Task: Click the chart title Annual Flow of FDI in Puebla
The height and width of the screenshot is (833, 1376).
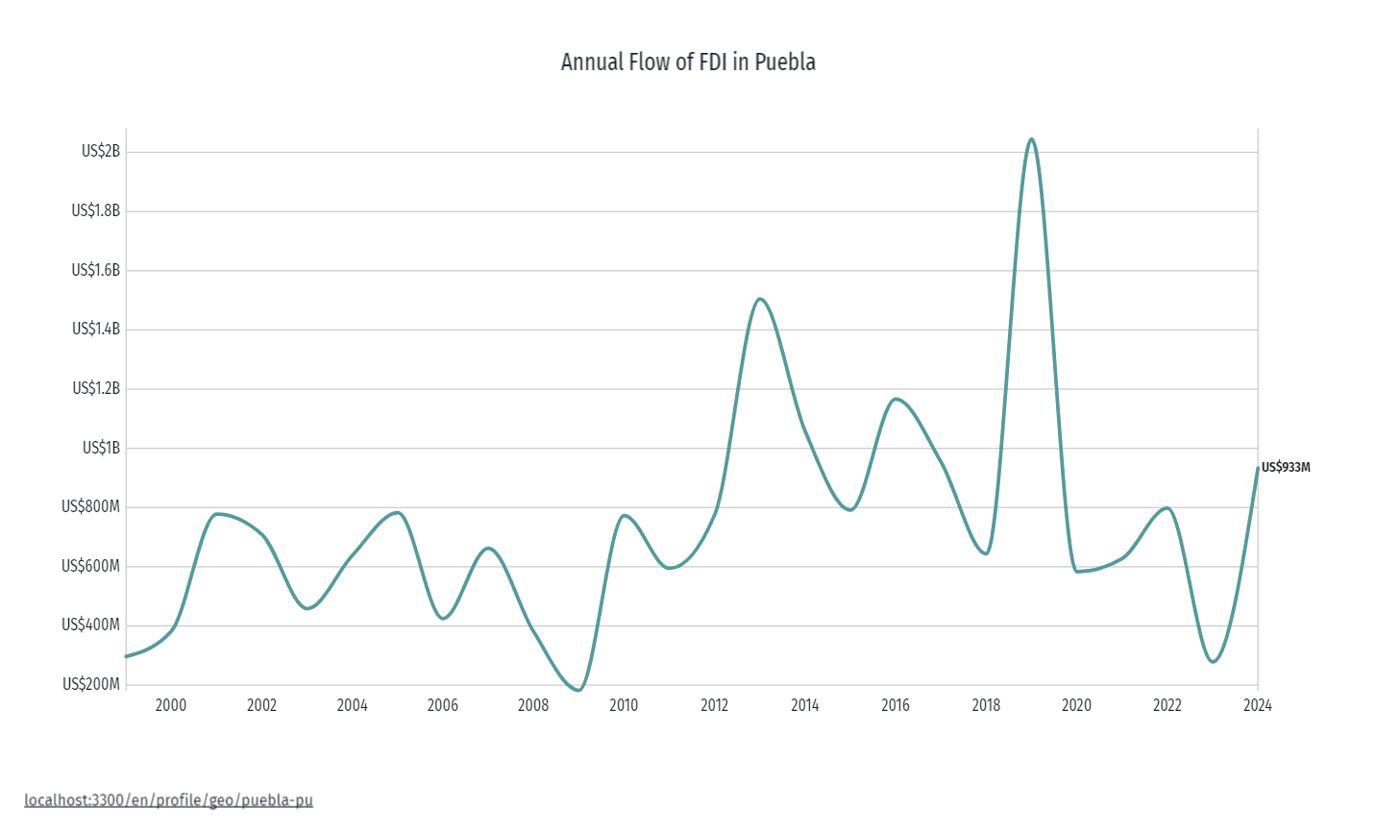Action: tap(688, 62)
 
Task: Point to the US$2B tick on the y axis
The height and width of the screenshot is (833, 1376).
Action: tap(101, 152)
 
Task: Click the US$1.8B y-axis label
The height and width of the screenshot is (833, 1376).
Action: tap(96, 210)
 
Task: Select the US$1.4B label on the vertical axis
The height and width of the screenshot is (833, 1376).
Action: tap(96, 329)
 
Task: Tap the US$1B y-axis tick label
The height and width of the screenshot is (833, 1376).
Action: tap(101, 448)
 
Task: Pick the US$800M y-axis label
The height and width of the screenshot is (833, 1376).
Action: tap(91, 506)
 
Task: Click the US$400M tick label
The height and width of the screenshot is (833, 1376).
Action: tap(91, 625)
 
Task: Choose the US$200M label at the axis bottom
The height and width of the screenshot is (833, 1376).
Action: tap(91, 684)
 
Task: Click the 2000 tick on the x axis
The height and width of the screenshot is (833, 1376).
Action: tap(170, 706)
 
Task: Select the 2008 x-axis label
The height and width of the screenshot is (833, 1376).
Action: tap(533, 706)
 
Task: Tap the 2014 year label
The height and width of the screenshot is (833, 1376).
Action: tap(804, 706)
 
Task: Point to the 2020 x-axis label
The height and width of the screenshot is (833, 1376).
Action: tap(1076, 706)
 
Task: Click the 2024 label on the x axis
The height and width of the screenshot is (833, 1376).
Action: tap(1257, 706)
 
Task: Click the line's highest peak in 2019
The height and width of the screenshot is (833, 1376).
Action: tap(1031, 140)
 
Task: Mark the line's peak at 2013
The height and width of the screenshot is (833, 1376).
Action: tap(760, 299)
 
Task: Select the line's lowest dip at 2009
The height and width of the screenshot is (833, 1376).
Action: tap(577, 690)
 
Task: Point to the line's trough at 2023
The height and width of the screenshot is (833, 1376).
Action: tap(1213, 661)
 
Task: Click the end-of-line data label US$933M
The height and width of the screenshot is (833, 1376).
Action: tap(1286, 468)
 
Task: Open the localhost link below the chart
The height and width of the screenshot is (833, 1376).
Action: tap(169, 800)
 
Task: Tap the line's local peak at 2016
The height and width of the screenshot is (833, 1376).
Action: tap(896, 398)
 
